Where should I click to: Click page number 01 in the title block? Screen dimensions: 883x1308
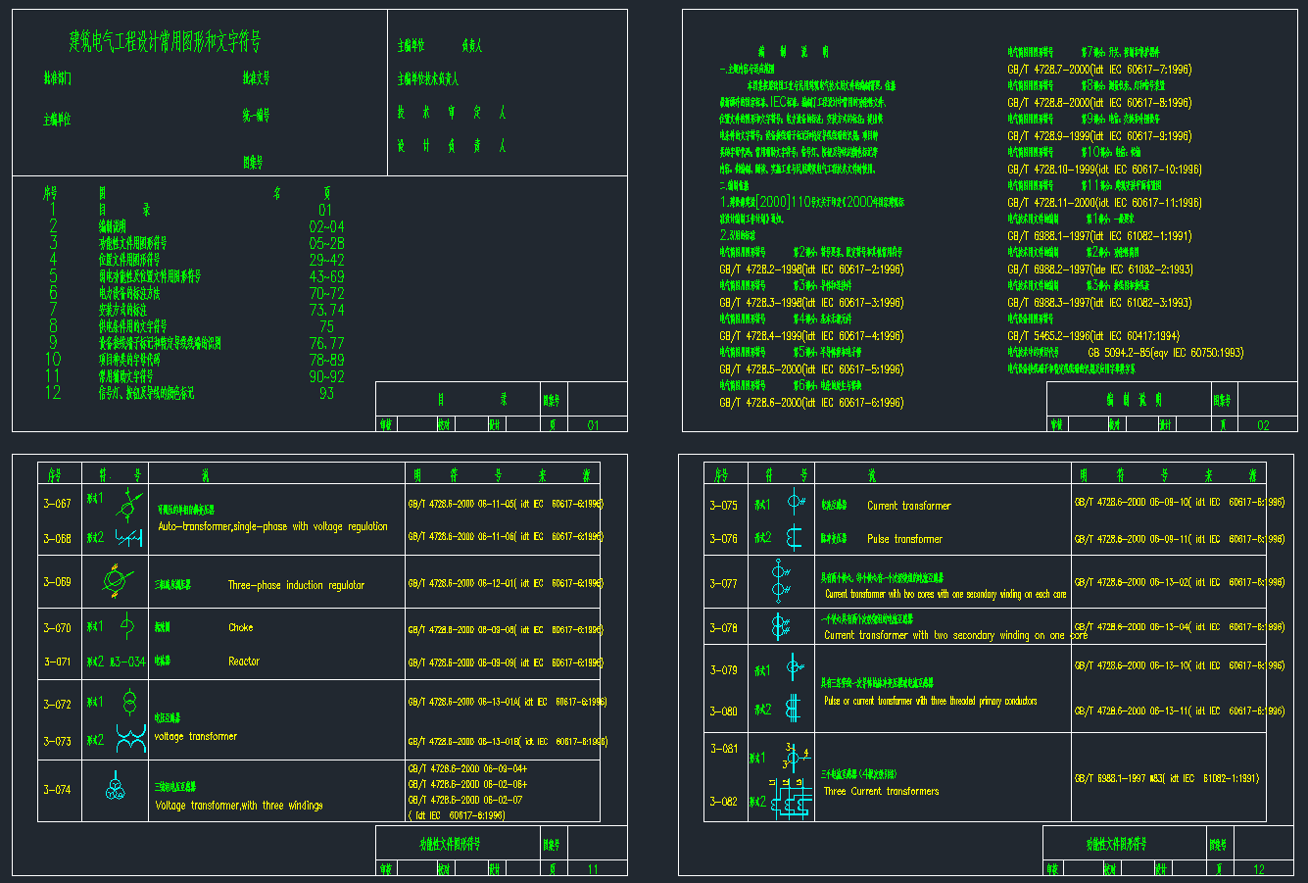tap(593, 425)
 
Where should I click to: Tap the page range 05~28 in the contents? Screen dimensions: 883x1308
tap(326, 243)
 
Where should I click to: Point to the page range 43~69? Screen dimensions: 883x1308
tap(326, 276)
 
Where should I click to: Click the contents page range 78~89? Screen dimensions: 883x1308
tap(326, 360)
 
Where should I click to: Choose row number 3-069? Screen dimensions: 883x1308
tap(57, 582)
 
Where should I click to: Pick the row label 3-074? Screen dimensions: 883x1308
tap(57, 789)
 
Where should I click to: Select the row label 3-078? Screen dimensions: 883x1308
tap(723, 628)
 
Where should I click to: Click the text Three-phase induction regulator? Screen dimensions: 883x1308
tap(296, 585)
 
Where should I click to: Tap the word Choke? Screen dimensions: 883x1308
tap(240, 627)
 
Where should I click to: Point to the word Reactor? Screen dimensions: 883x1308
tap(244, 662)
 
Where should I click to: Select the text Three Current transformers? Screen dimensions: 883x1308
tap(881, 791)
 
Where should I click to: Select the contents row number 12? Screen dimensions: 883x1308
tap(53, 392)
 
